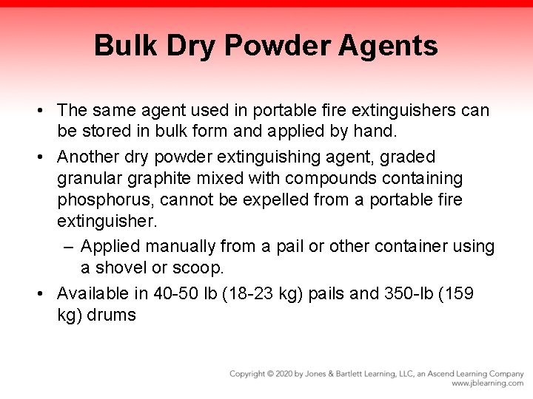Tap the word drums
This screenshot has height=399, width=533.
(x=112, y=315)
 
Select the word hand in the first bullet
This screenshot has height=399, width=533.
(x=377, y=132)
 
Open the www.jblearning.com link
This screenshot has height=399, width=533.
(x=488, y=383)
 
